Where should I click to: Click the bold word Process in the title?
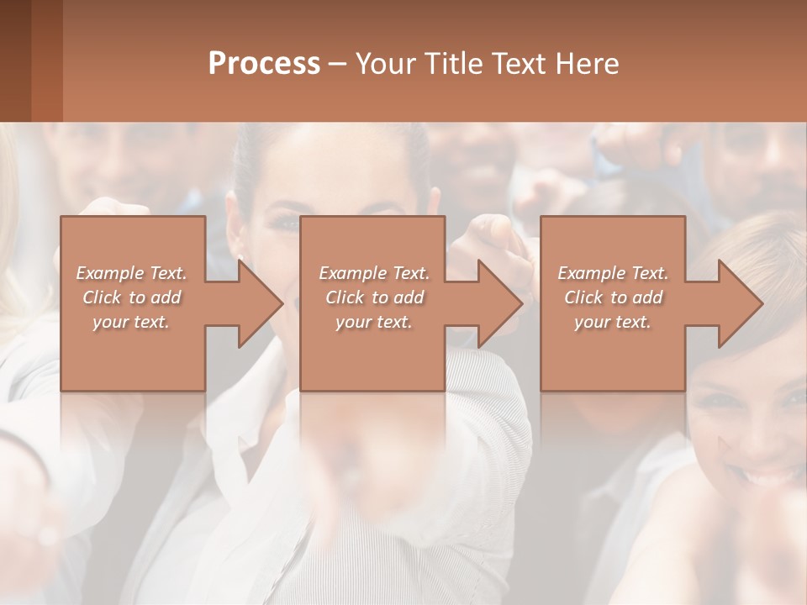click(264, 64)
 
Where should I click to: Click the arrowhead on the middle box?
click(494, 303)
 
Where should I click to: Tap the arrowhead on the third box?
click(735, 303)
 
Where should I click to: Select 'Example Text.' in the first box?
click(132, 273)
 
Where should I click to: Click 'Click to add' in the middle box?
click(374, 297)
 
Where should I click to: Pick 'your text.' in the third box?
click(613, 322)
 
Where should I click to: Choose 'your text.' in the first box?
click(132, 322)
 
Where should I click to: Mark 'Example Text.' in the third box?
click(613, 273)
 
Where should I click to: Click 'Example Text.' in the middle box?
click(374, 273)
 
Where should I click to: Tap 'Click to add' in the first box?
click(132, 297)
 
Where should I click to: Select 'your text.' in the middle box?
click(374, 322)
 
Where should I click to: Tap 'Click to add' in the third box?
click(613, 297)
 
